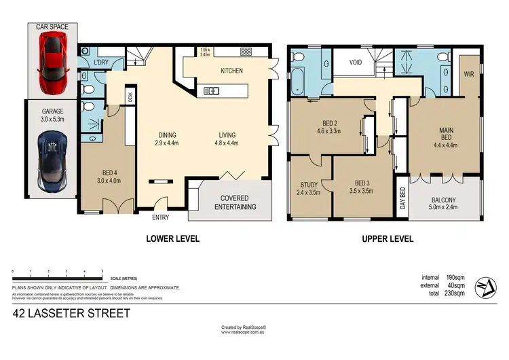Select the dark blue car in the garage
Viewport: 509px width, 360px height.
pyautogui.click(x=52, y=160)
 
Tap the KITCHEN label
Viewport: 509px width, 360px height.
pyautogui.click(x=231, y=71)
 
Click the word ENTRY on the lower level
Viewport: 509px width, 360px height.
pyautogui.click(x=161, y=217)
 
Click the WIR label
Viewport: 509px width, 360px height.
pyautogui.click(x=469, y=73)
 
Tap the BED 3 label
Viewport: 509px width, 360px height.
pyautogui.click(x=364, y=183)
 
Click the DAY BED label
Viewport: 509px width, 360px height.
pyautogui.click(x=402, y=200)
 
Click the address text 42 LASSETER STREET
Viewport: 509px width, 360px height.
pyautogui.click(x=71, y=314)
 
